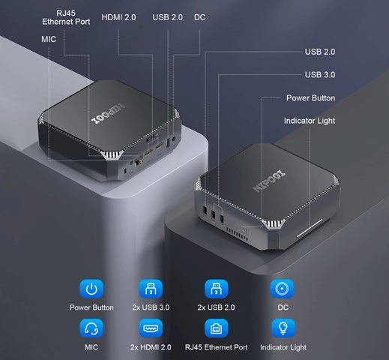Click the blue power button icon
tap(91, 289)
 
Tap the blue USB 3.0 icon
tap(151, 289)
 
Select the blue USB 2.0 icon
tap(217, 289)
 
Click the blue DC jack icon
tap(282, 289)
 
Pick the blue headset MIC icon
tap(91, 328)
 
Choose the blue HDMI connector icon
tap(151, 328)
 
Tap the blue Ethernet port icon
tap(217, 328)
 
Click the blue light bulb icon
tap(283, 328)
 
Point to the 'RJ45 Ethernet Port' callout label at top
tap(66, 17)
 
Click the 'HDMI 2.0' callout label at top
tap(118, 17)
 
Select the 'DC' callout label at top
tap(199, 17)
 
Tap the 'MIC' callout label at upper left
tap(49, 39)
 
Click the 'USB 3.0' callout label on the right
tap(320, 74)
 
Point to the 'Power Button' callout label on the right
tap(310, 97)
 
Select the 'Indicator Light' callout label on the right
tap(310, 121)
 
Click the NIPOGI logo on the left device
tap(108, 113)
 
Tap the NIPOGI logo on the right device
tap(269, 181)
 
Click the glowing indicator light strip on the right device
tap(310, 228)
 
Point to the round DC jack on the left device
tap(174, 139)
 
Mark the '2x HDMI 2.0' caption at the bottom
tap(151, 347)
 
